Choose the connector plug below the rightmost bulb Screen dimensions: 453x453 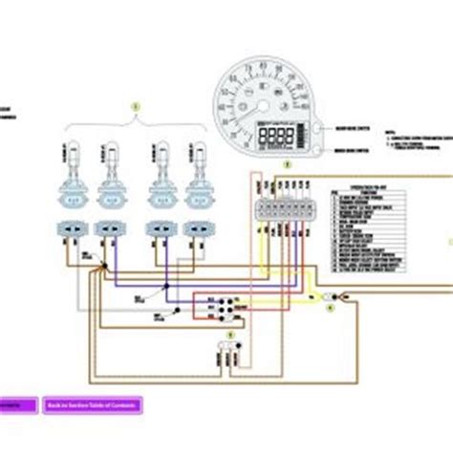(x=199, y=229)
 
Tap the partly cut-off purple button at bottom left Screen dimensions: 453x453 (x=17, y=405)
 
